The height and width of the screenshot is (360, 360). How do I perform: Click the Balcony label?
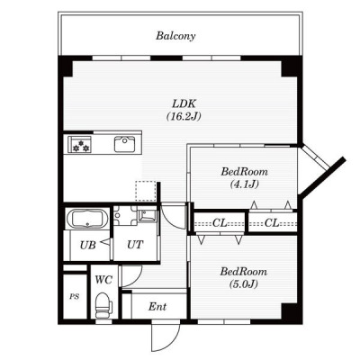point(175,36)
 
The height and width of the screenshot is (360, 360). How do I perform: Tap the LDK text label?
point(184,104)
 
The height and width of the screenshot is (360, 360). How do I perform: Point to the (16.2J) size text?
point(184,116)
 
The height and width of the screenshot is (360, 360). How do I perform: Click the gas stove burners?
point(80,145)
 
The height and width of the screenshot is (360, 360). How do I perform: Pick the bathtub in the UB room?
point(87,219)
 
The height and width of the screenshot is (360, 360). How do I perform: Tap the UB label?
point(87,246)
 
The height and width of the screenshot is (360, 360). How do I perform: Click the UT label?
point(135,245)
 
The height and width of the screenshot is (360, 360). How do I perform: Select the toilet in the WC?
point(103,305)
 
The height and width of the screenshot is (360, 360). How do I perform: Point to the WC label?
point(103,280)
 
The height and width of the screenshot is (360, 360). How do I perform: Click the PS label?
point(75,297)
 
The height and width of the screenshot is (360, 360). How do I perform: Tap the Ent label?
point(157,307)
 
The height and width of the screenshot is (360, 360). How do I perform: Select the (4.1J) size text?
point(244,184)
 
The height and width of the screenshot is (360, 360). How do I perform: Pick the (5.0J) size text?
point(243,283)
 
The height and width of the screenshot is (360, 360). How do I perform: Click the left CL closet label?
point(220,223)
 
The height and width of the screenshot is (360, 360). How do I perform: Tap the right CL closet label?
point(272,223)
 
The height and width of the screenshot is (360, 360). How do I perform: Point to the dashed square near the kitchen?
point(146,191)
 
